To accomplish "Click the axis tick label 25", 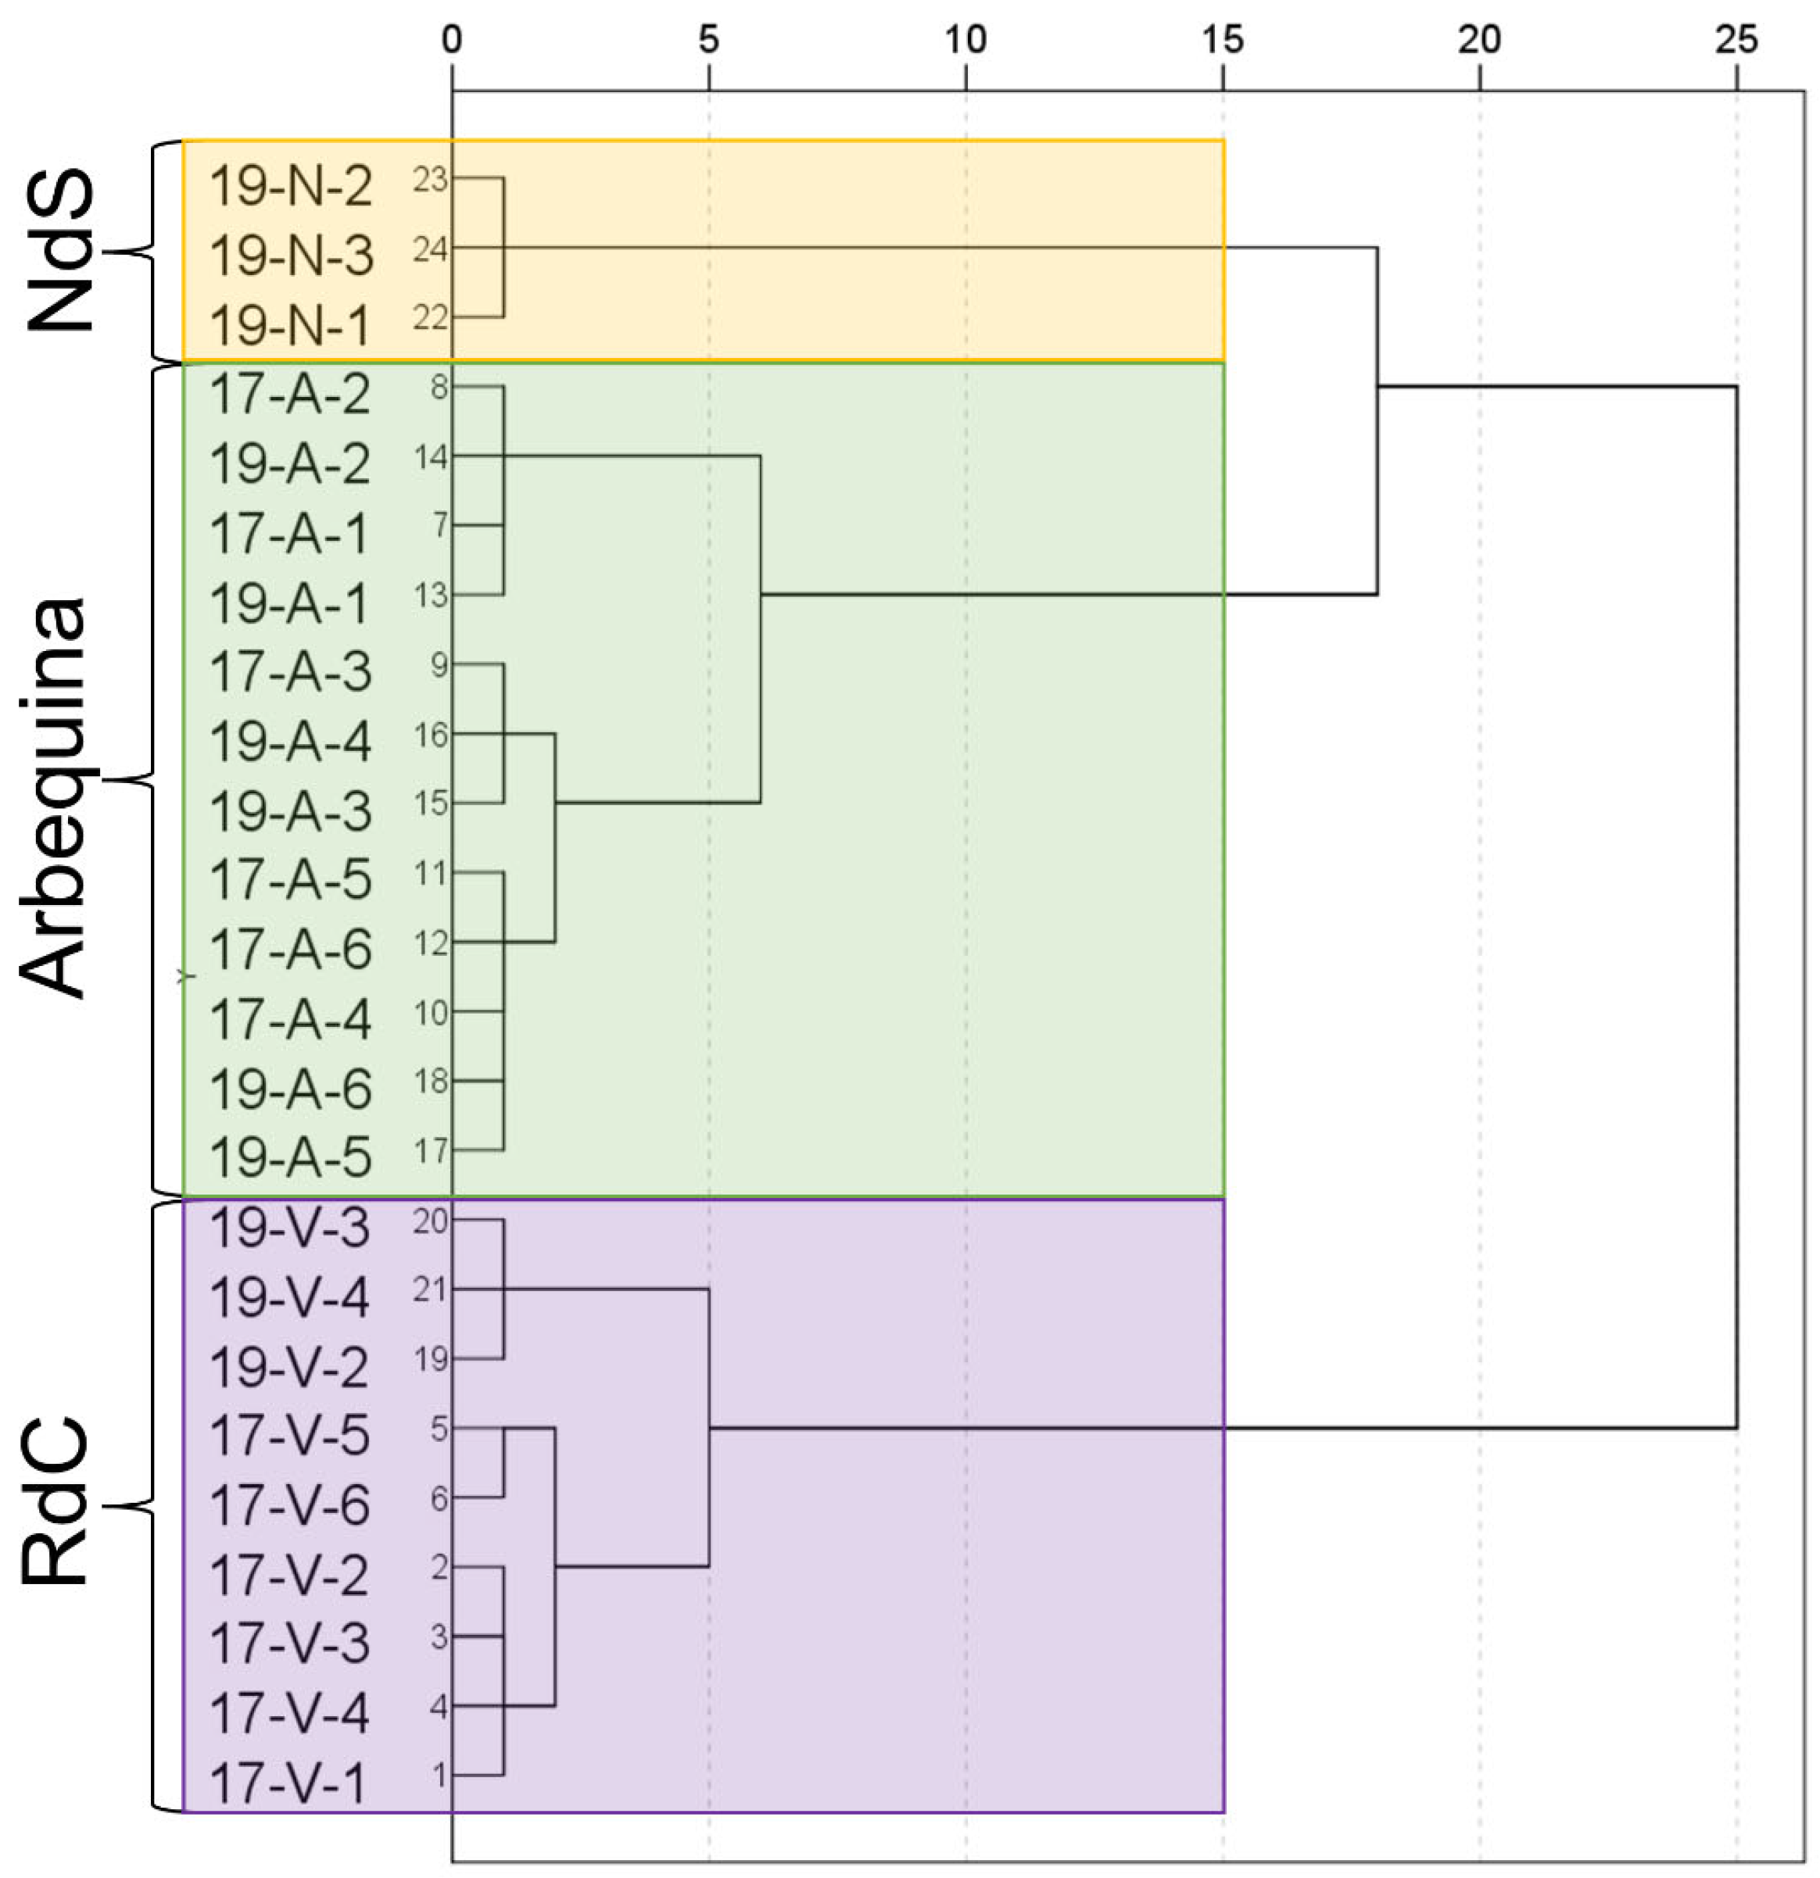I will click(1736, 39).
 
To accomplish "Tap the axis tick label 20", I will click(1480, 39).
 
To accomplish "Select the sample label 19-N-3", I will click(290, 256).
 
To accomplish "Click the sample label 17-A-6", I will click(290, 949).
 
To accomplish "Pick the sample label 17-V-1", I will click(288, 1783).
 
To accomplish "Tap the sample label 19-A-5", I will click(290, 1157).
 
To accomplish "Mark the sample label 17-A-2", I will click(290, 394).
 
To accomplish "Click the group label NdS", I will click(60, 251).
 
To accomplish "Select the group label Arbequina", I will click(54, 797).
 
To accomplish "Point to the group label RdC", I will click(56, 1504).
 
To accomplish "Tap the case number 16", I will click(432, 735).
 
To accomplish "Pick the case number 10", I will click(432, 1012).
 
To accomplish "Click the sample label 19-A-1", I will click(289, 603).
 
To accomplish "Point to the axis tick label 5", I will click(708, 39).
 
